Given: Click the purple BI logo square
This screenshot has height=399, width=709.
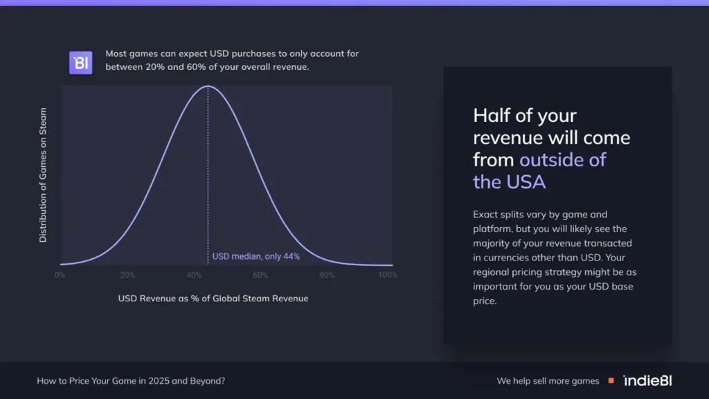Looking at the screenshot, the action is pyautogui.click(x=80, y=62).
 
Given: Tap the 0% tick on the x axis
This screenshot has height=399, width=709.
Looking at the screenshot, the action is pyautogui.click(x=60, y=275).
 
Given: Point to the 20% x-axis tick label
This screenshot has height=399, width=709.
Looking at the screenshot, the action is pyautogui.click(x=127, y=275).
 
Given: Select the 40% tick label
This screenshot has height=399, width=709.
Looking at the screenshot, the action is pyautogui.click(x=194, y=275).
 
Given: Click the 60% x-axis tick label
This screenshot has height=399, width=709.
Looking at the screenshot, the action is pyautogui.click(x=260, y=275).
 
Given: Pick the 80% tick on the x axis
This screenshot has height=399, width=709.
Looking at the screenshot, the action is pyautogui.click(x=327, y=275).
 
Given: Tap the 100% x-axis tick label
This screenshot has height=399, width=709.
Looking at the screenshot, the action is pyautogui.click(x=388, y=275).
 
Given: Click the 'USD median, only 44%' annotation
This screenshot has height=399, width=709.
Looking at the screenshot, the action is pyautogui.click(x=256, y=256).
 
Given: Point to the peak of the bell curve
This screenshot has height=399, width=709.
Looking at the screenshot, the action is pyautogui.click(x=208, y=86).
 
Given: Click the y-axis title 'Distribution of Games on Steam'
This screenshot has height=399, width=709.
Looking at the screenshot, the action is pyautogui.click(x=43, y=175).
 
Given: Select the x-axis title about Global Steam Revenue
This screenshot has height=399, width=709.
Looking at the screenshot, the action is pyautogui.click(x=213, y=299).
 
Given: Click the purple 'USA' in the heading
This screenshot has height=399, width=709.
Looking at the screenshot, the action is pyautogui.click(x=526, y=182).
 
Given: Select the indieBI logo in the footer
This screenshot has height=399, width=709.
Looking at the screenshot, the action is pyautogui.click(x=647, y=381).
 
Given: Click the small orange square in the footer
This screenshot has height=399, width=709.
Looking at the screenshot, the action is pyautogui.click(x=611, y=381).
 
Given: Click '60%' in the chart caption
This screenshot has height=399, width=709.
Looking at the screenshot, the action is pyautogui.click(x=196, y=67).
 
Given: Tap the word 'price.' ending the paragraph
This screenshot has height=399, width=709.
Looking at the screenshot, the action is pyautogui.click(x=485, y=301).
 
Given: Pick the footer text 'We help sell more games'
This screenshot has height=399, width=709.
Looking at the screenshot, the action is pyautogui.click(x=548, y=381).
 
